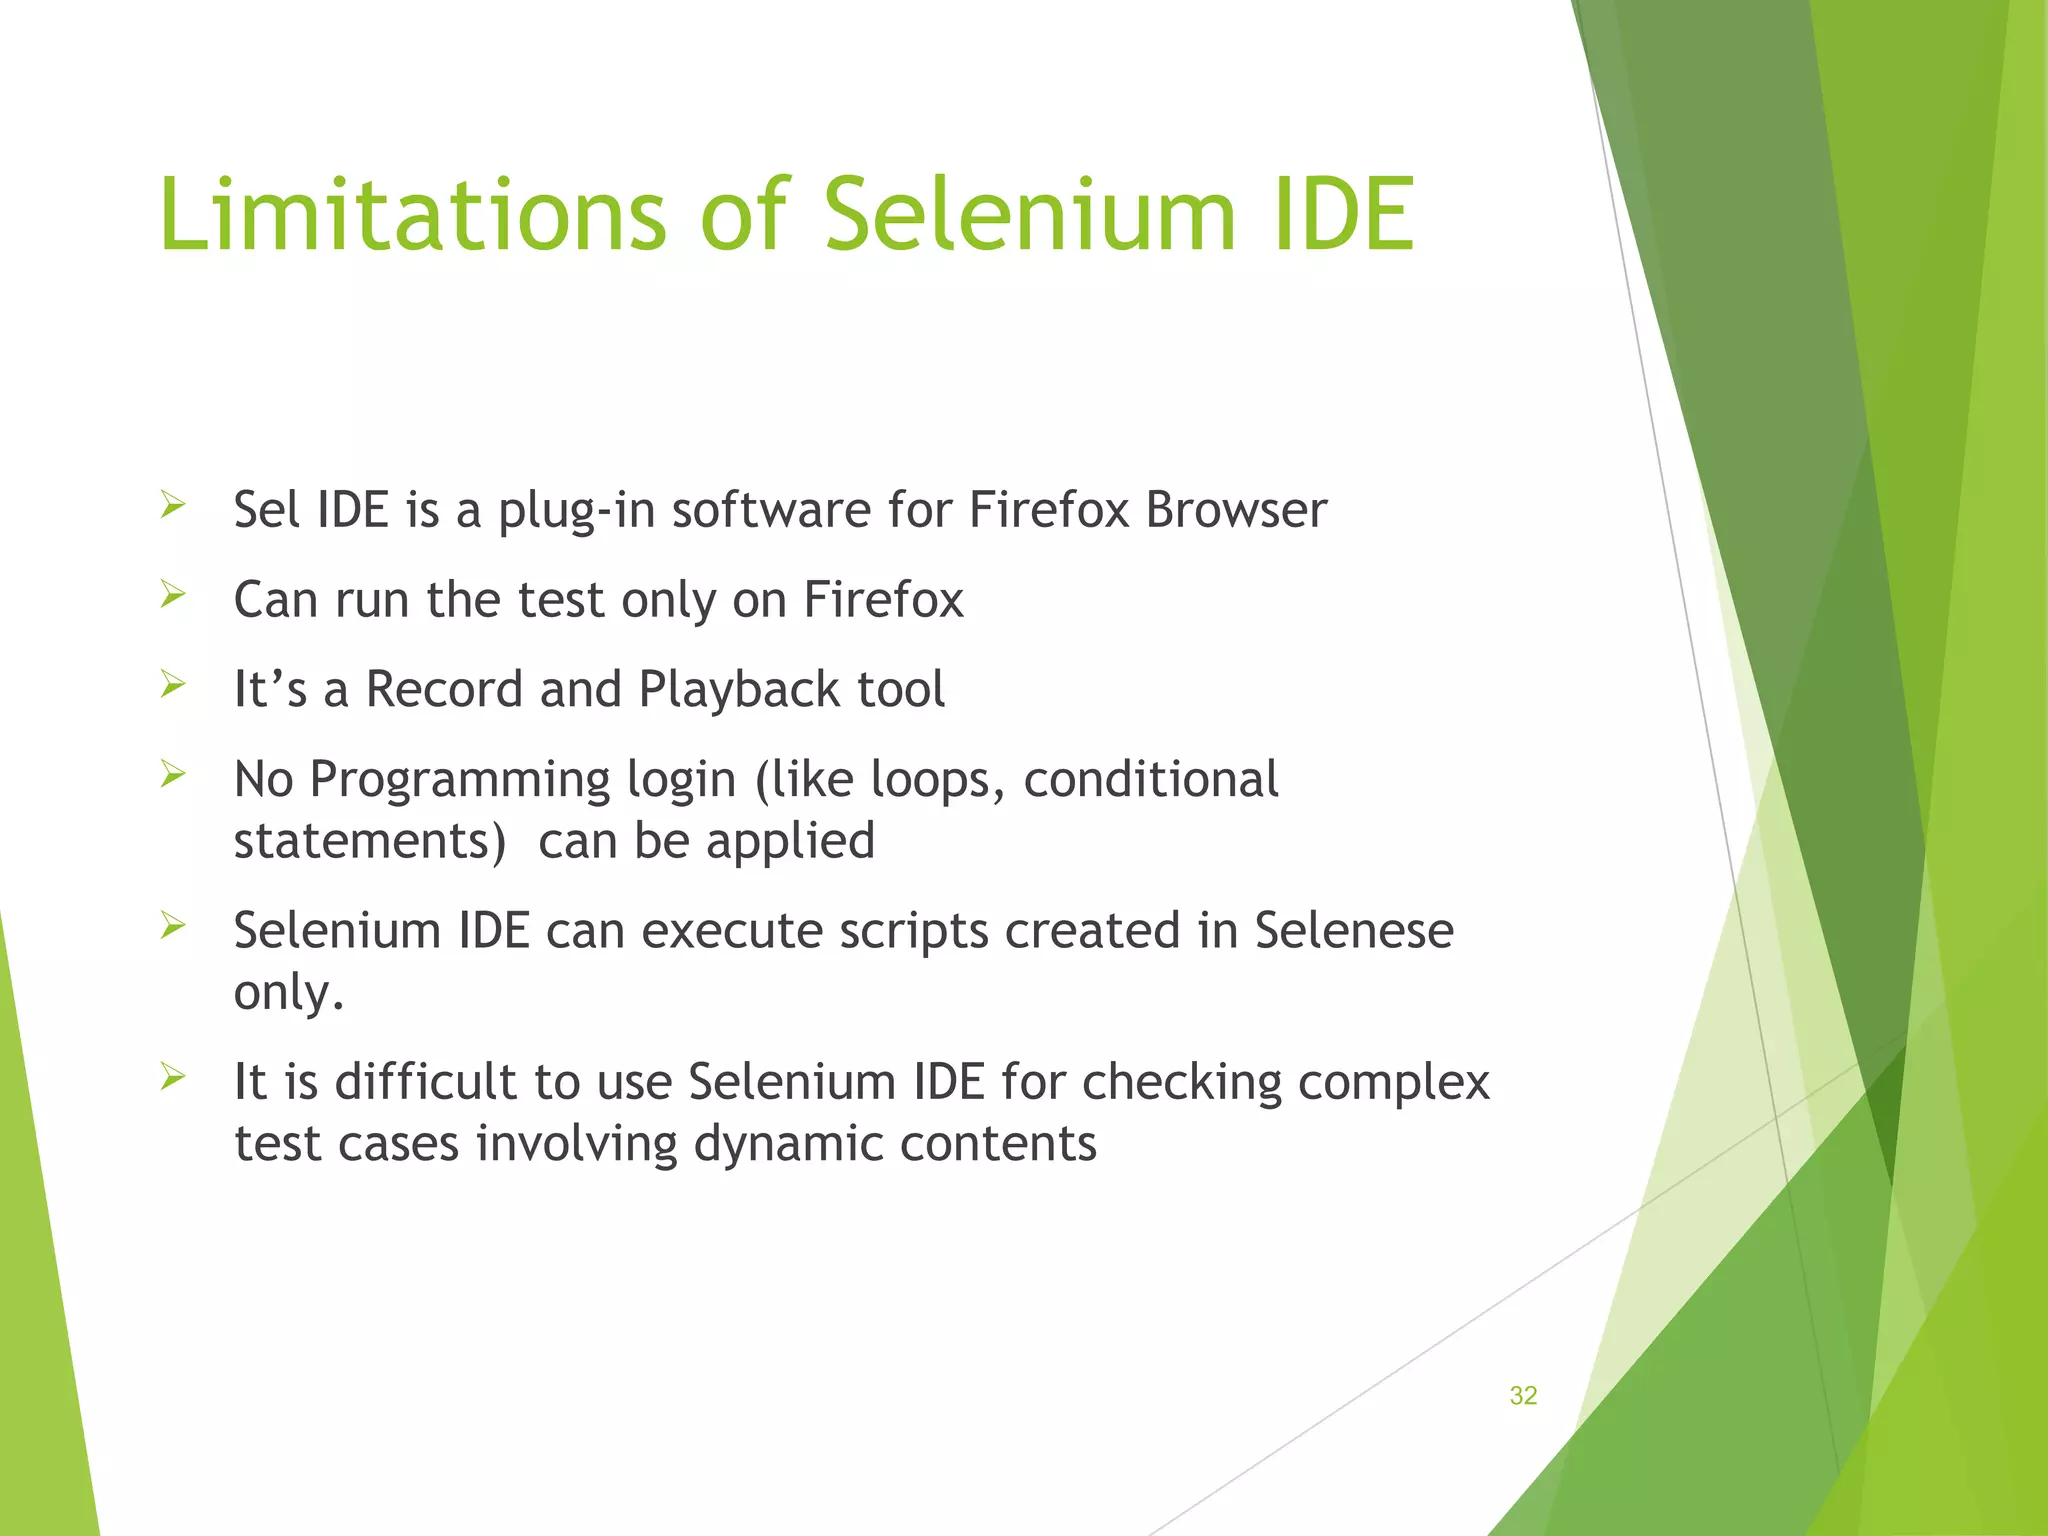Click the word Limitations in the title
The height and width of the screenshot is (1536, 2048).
411,214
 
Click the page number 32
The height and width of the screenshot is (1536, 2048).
1522,1396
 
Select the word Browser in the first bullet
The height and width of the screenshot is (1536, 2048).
1236,510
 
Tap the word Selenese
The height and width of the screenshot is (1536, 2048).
1353,931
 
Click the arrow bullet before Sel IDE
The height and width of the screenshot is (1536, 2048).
173,506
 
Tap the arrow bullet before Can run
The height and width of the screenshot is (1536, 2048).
173,596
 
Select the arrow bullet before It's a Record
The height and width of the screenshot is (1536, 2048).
173,686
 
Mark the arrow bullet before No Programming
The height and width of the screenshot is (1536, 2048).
173,775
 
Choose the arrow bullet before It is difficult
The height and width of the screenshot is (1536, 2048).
173,1078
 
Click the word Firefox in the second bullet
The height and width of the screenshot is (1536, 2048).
883,600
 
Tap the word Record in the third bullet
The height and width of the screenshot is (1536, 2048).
444,690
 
